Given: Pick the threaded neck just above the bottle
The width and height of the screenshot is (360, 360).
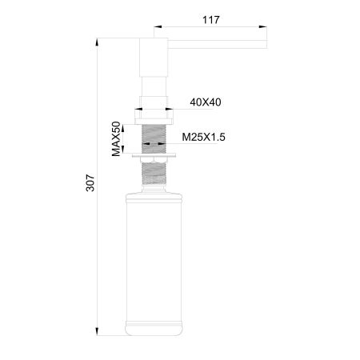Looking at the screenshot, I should coord(154,183).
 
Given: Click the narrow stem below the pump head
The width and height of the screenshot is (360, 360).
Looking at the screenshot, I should coord(154,86).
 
